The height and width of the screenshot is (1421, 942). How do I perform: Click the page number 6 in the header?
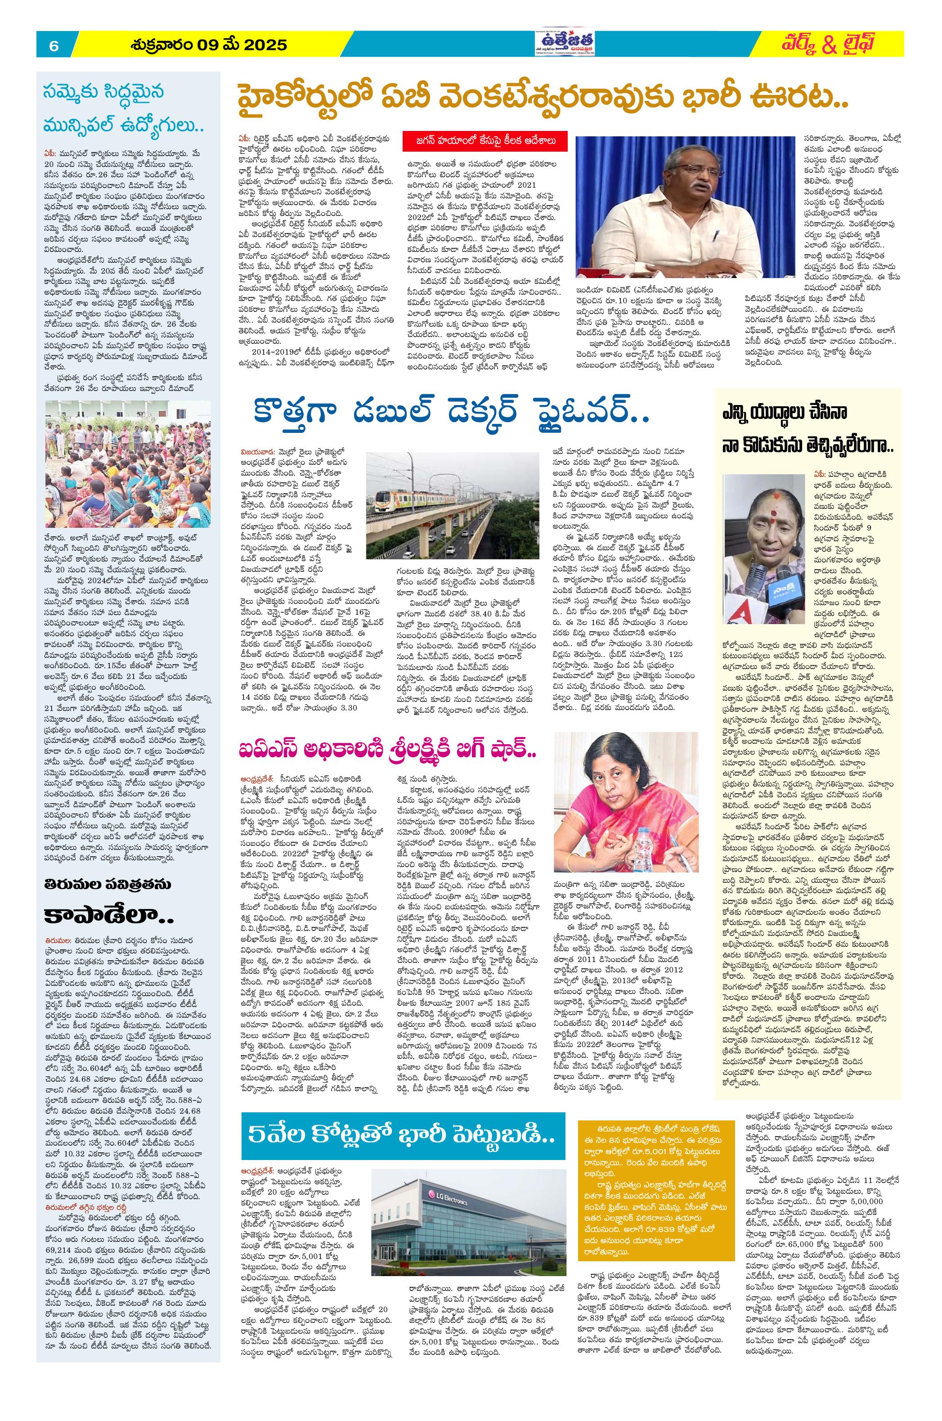click(54, 45)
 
